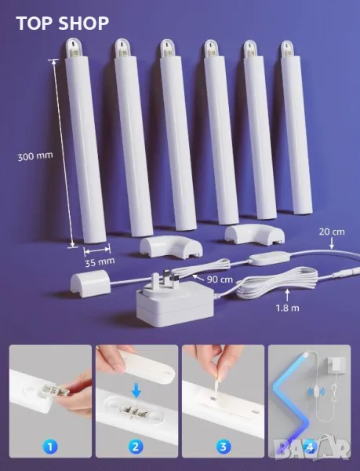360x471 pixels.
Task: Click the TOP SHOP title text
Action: tap(63, 23)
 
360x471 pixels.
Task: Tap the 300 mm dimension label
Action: tap(35, 156)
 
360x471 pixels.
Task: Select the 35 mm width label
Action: tap(100, 262)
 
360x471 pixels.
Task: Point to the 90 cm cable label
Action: tap(220, 279)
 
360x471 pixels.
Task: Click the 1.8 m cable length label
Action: tap(287, 308)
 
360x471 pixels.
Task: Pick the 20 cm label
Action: tap(332, 232)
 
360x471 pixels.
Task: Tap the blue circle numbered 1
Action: tap(50, 447)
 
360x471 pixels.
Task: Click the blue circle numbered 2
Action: tap(136, 447)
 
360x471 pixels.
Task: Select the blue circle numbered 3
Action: tap(224, 447)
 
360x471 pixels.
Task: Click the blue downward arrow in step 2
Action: tap(136, 391)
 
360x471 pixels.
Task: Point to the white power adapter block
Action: tap(175, 304)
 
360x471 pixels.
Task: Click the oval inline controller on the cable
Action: tap(263, 258)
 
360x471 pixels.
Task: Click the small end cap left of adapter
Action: tap(89, 283)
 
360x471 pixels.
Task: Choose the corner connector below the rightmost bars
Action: tap(254, 234)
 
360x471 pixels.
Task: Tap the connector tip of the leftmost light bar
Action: tap(72, 49)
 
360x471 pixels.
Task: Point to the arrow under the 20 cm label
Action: tap(331, 243)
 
